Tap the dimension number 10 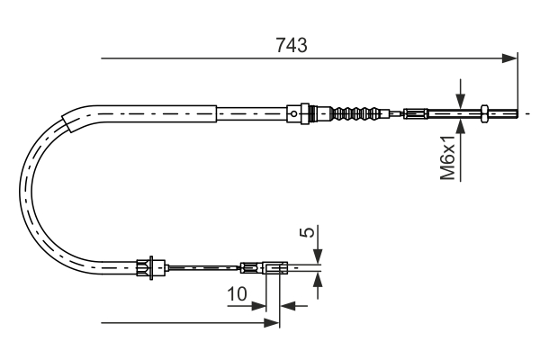point(237,293)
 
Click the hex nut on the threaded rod point(485,112)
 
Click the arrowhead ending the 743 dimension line point(511,59)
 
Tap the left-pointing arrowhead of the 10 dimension point(288,305)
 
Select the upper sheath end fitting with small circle point(297,112)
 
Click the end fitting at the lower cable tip point(274,266)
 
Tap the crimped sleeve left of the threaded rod point(415,113)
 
